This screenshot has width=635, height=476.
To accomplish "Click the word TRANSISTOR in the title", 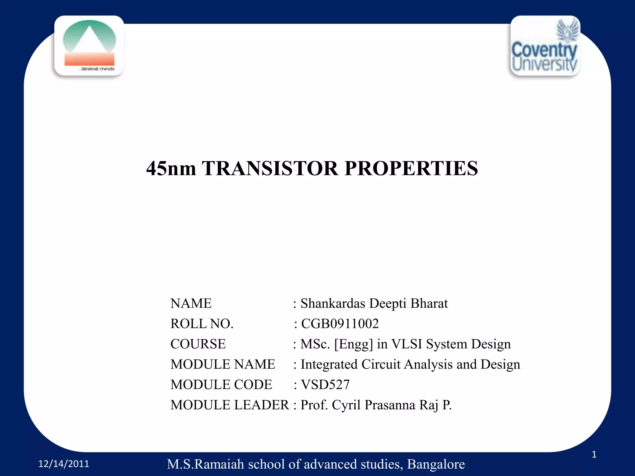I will click(270, 169).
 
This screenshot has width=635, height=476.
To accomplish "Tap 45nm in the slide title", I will click(171, 169).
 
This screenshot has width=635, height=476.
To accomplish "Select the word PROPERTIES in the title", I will click(411, 169).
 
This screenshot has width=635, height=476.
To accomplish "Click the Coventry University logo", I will click(545, 46).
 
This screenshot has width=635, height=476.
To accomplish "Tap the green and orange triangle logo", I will click(89, 45).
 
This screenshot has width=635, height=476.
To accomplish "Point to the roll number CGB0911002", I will click(340, 324).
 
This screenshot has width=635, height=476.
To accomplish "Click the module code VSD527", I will click(325, 385).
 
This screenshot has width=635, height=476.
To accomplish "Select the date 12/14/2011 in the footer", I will click(64, 464).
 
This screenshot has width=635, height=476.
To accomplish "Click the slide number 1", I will click(594, 454).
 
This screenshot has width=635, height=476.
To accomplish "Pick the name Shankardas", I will click(333, 303).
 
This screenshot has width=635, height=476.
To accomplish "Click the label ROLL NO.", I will click(202, 324).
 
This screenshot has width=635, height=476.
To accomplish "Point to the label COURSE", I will click(198, 344).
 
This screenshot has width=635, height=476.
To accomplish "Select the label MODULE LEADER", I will click(229, 405).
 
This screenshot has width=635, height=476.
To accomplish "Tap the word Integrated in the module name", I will click(329, 364).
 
